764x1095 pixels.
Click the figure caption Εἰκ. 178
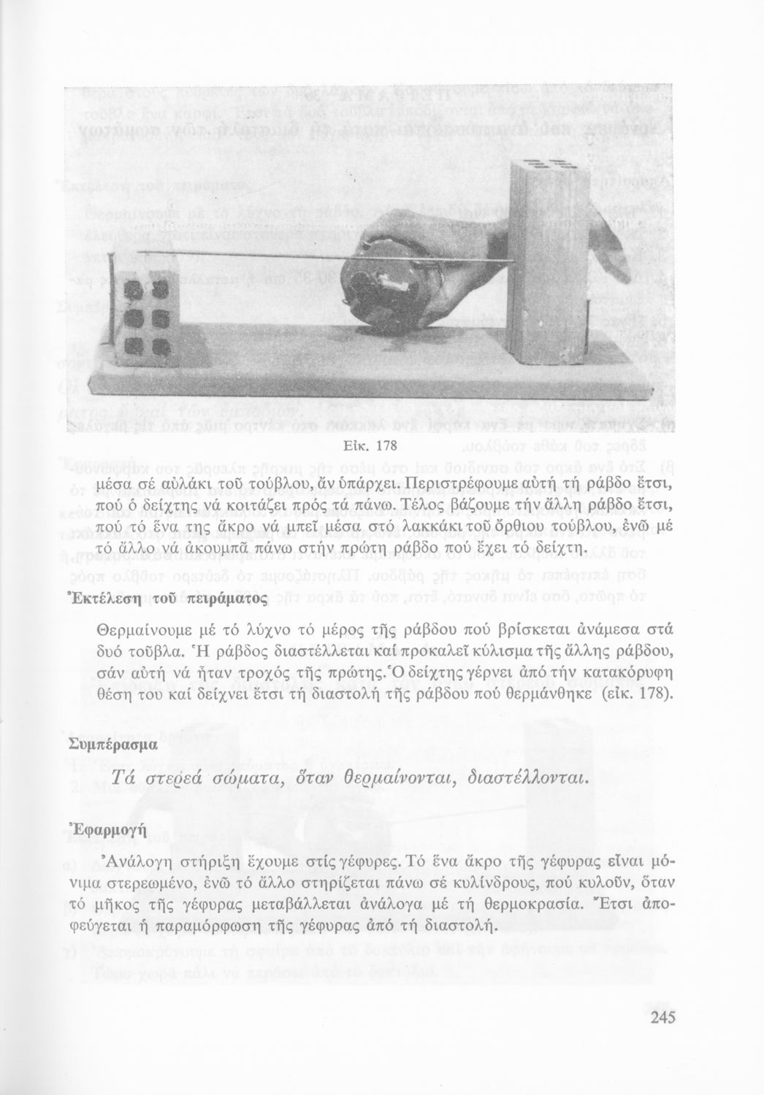tap(374, 445)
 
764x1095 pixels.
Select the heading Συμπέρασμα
tap(112, 745)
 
